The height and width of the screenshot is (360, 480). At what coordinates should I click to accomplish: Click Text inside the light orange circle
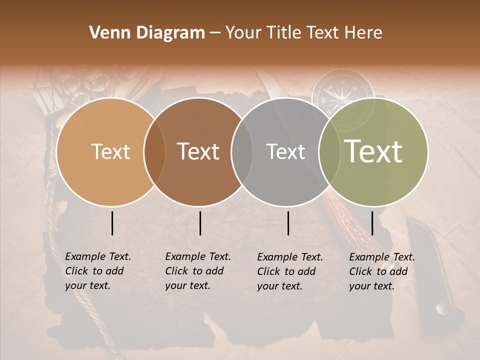pyautogui.click(x=110, y=151)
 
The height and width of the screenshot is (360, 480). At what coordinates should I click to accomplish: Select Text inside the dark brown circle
pyautogui.click(x=198, y=151)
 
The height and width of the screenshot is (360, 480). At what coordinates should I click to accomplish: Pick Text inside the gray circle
pyautogui.click(x=285, y=151)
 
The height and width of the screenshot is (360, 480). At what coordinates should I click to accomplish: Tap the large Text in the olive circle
pyautogui.click(x=373, y=151)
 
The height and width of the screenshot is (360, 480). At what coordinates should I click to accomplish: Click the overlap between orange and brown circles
pyautogui.click(x=154, y=152)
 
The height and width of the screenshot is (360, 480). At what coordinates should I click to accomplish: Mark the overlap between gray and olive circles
pyautogui.click(x=329, y=152)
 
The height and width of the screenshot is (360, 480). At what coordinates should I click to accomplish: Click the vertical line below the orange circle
pyautogui.click(x=112, y=223)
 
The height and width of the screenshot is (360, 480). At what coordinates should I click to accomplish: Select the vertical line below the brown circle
pyautogui.click(x=200, y=223)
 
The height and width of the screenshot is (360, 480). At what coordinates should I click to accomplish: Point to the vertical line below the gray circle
pyautogui.click(x=288, y=223)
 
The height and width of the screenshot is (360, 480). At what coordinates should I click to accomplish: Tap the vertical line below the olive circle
pyautogui.click(x=372, y=223)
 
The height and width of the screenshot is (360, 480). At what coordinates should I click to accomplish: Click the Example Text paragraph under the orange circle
pyautogui.click(x=97, y=271)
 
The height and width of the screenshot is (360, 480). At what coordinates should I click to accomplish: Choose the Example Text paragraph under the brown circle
pyautogui.click(x=197, y=271)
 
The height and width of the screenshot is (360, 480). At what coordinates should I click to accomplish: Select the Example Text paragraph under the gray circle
pyautogui.click(x=289, y=271)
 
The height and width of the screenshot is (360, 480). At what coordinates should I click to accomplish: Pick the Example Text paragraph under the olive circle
pyautogui.click(x=381, y=271)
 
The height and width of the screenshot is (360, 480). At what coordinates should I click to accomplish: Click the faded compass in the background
pyautogui.click(x=342, y=92)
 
